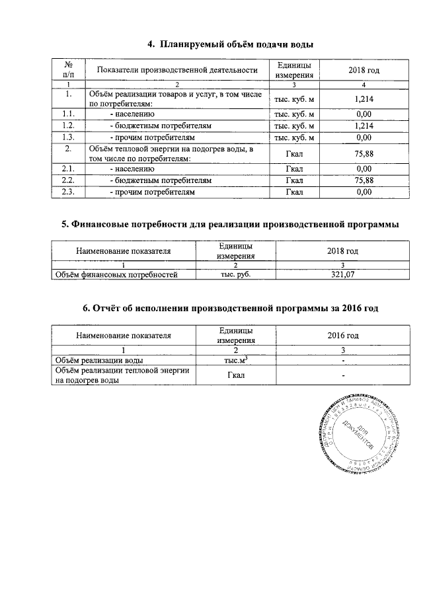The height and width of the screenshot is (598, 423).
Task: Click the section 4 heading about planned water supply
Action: (x=230, y=44)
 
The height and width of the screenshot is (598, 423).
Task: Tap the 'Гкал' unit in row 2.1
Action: (x=294, y=169)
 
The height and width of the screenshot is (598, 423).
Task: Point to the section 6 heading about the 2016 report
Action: (x=230, y=309)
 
